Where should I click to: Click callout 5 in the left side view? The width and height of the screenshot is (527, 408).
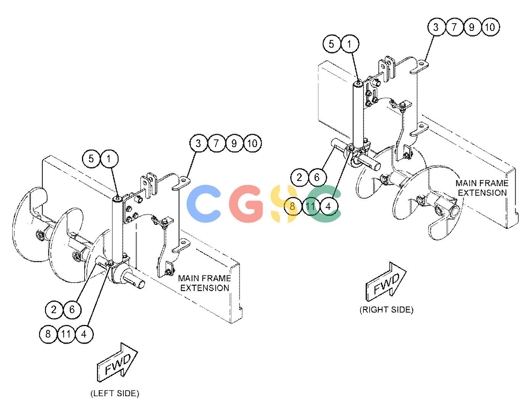pyautogui.click(x=91, y=159)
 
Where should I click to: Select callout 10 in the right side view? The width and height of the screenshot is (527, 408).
pyautogui.click(x=490, y=27)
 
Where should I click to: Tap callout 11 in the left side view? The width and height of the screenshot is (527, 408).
pyautogui.click(x=66, y=334)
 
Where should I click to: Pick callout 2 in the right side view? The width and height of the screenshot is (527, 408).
pyautogui.click(x=299, y=178)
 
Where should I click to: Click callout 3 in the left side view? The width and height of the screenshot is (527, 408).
pyautogui.click(x=198, y=143)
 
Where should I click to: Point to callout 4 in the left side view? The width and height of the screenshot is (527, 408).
pyautogui.click(x=84, y=334)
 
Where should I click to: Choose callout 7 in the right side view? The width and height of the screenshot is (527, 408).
pyautogui.click(x=454, y=27)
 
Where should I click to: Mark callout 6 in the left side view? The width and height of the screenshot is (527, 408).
pyautogui.click(x=72, y=309)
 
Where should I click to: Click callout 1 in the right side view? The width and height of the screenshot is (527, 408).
pyautogui.click(x=349, y=44)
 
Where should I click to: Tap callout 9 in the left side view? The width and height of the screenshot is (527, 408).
pyautogui.click(x=234, y=143)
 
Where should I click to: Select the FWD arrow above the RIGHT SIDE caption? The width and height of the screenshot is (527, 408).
pyautogui.click(x=386, y=282)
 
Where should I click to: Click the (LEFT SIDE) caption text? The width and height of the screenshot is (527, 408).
pyautogui.click(x=115, y=393)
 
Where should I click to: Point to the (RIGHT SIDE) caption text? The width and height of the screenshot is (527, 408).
pyautogui.click(x=386, y=309)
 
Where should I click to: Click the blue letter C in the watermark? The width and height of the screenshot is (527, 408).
pyautogui.click(x=204, y=203)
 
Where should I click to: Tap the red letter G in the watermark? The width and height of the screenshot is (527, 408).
pyautogui.click(x=246, y=203)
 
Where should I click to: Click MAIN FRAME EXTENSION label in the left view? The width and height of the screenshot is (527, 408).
pyautogui.click(x=204, y=283)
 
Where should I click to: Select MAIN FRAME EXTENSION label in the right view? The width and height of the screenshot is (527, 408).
pyautogui.click(x=482, y=188)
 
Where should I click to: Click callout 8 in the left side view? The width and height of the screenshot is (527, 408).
pyautogui.click(x=48, y=334)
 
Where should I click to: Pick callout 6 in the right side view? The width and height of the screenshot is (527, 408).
pyautogui.click(x=317, y=178)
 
